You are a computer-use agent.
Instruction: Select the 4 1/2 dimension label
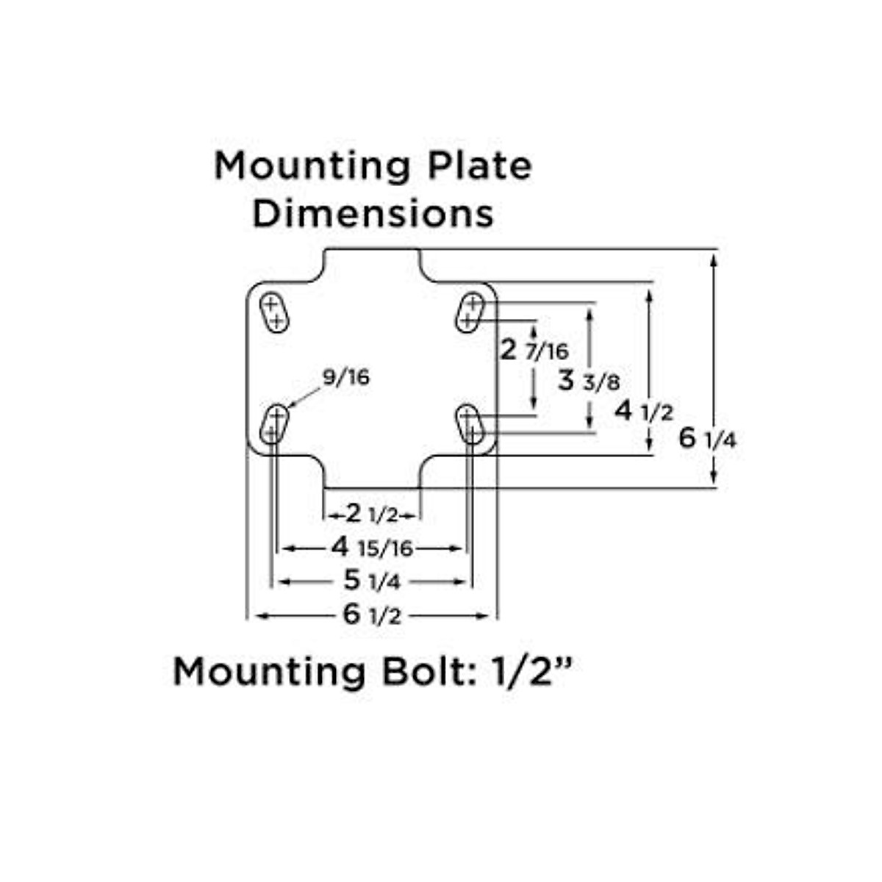point(644,411)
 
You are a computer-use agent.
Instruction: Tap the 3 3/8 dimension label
point(588,381)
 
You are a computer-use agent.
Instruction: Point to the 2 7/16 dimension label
point(534,351)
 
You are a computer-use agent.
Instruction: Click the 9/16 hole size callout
point(345,378)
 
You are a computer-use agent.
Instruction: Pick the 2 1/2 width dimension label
point(371,514)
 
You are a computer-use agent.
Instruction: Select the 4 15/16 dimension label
point(372,548)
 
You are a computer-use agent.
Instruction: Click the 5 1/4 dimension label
point(372,581)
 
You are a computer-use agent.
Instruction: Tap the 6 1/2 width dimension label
point(372,614)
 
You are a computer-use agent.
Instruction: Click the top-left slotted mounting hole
point(274,313)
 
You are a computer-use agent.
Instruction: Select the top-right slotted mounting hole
point(470,312)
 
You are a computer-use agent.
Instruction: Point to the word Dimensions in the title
point(373,214)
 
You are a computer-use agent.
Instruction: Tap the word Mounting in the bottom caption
point(269,672)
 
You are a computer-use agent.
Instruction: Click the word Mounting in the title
point(312,168)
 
